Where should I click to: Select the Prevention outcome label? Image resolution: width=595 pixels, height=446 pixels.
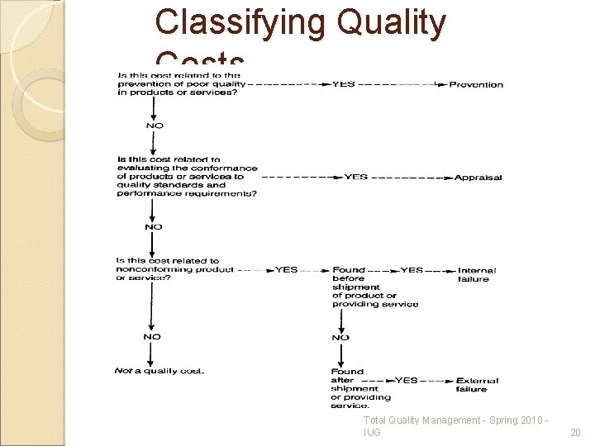tap(476, 84)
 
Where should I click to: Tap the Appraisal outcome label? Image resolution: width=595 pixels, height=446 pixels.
tap(478, 177)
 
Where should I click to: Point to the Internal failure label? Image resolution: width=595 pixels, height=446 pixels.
tap(477, 274)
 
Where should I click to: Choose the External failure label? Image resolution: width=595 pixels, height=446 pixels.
tap(477, 384)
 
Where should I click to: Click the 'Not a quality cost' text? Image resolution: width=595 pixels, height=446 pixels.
tap(159, 371)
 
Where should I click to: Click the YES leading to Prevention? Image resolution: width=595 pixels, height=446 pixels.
tap(344, 83)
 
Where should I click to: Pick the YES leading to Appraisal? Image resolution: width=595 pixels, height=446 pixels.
tap(355, 177)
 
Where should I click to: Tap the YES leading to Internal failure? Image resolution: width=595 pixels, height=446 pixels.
tap(412, 270)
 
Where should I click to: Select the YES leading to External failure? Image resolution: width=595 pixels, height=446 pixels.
tap(407, 380)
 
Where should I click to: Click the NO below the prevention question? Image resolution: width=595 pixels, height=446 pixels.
tap(155, 126)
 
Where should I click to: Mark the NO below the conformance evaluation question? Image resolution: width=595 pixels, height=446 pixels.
tap(154, 226)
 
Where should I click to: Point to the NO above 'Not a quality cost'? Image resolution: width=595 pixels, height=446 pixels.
tap(152, 337)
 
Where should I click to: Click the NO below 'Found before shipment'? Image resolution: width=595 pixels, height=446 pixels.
tap(340, 337)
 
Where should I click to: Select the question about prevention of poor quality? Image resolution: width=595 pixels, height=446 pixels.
tap(182, 84)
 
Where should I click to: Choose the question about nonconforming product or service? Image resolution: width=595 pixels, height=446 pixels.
tap(174, 269)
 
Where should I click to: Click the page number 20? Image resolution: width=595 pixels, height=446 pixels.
tap(575, 433)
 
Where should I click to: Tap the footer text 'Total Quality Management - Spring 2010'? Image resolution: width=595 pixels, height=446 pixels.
tap(453, 421)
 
